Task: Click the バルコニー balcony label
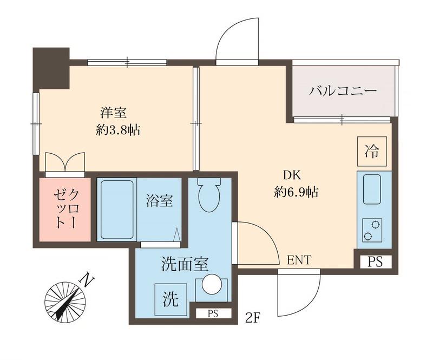[x=343, y=90]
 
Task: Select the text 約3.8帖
[x=118, y=130]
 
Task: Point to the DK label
[x=293, y=175]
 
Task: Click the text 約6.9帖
[x=295, y=192]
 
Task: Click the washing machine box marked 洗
[x=169, y=298]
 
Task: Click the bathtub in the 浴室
[x=116, y=210]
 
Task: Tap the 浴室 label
[x=159, y=201]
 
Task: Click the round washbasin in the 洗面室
[x=209, y=285]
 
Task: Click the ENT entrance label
[x=299, y=260]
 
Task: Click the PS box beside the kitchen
[x=375, y=261]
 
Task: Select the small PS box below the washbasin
[x=212, y=313]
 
